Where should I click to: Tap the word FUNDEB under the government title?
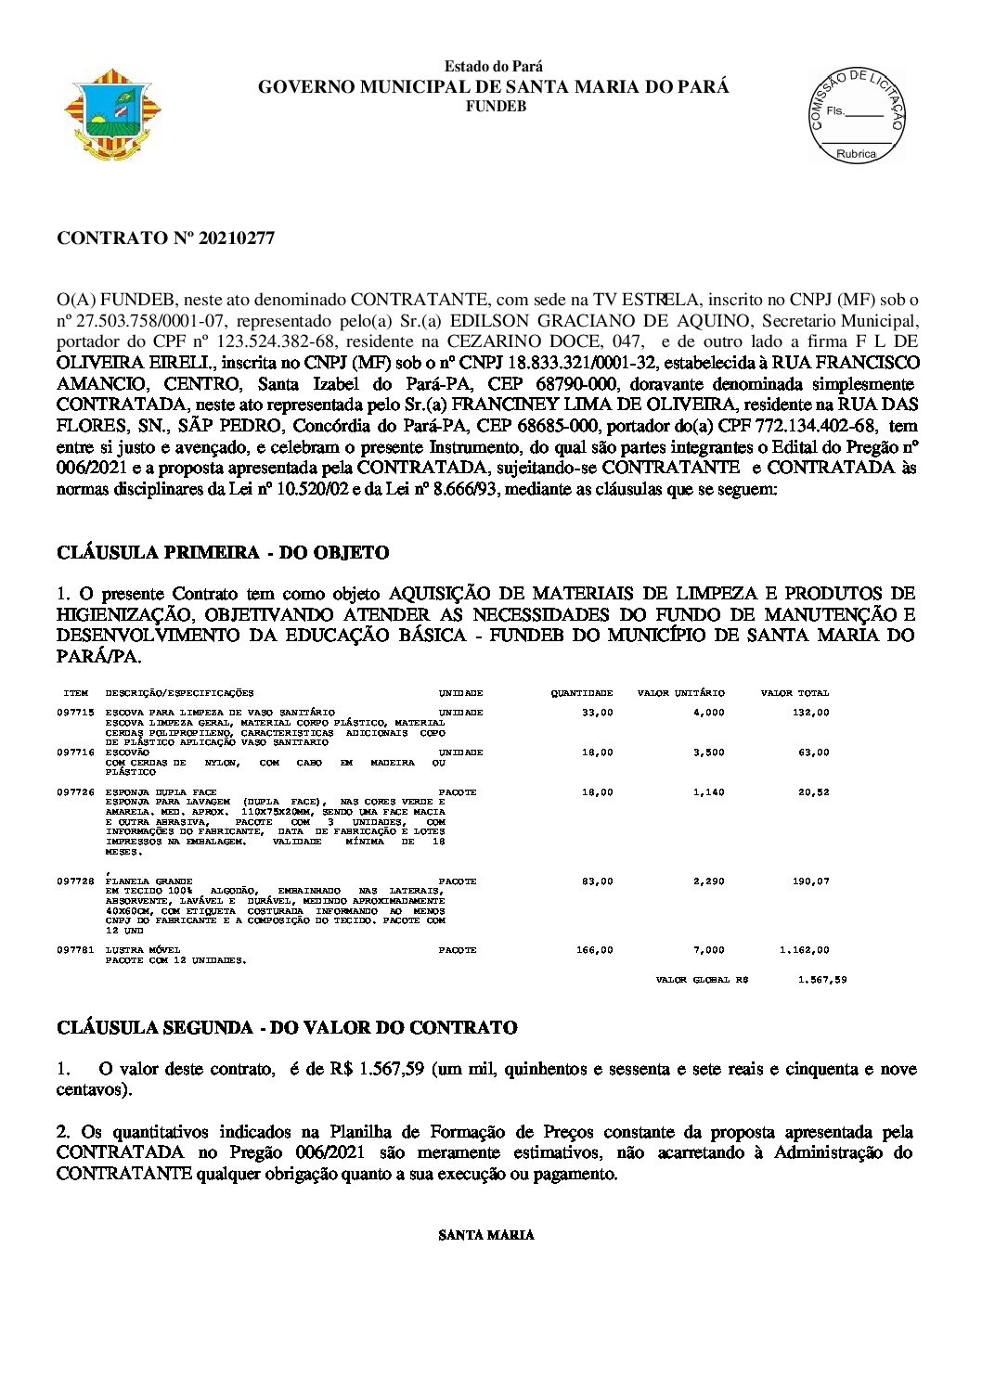coord(495,107)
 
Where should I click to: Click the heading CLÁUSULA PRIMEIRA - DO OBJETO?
coord(223,553)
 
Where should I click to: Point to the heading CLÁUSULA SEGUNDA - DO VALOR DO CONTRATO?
coord(287,1028)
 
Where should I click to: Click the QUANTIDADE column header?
coord(581,693)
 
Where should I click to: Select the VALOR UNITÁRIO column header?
coord(680,693)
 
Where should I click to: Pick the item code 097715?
coord(75,713)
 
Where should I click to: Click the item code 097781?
coord(75,950)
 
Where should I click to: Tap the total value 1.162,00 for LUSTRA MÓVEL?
coord(804,950)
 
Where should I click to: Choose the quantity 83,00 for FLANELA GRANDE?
coord(597,881)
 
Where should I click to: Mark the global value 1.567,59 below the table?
coord(821,980)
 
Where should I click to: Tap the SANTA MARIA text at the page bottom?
coord(485,1235)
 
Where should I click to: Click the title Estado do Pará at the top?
coord(494,67)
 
